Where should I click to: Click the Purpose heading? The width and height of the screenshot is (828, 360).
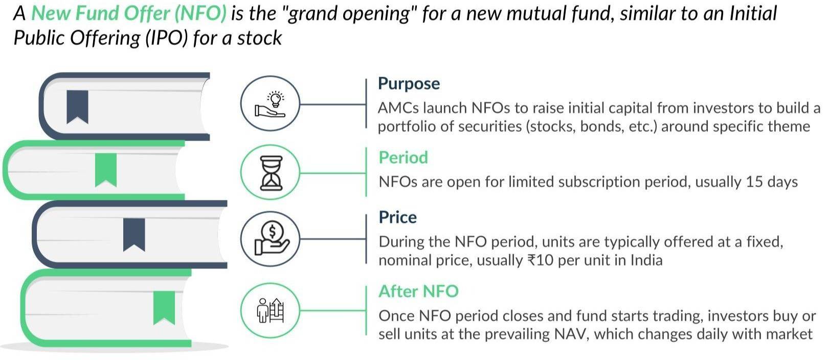click(409, 84)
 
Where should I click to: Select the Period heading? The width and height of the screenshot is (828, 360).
click(404, 157)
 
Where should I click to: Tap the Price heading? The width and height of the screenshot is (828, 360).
click(398, 217)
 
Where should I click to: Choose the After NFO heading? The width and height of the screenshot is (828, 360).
click(418, 291)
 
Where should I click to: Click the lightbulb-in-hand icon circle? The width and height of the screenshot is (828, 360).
click(270, 103)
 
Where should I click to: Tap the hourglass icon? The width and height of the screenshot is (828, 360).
click(271, 173)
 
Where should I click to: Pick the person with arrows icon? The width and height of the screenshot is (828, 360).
click(270, 310)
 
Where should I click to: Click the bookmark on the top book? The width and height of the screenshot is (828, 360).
click(77, 107)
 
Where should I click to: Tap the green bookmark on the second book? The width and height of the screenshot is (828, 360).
click(106, 170)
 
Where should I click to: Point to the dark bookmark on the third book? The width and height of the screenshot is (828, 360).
click(134, 235)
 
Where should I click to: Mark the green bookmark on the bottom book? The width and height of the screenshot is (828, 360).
click(164, 308)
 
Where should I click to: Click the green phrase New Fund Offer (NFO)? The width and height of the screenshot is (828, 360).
click(129, 13)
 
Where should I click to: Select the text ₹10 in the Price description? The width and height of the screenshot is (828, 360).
click(540, 260)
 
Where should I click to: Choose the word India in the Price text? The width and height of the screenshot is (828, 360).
click(646, 260)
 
